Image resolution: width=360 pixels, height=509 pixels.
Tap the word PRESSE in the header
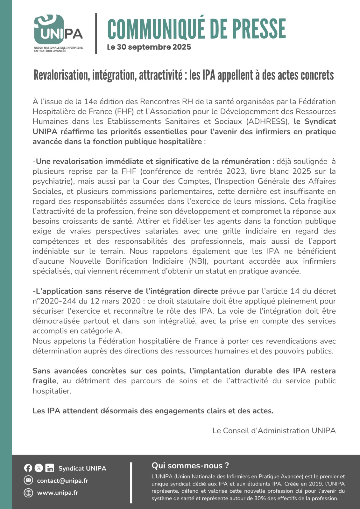click(x=258, y=29)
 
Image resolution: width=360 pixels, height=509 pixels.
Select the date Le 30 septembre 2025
click(x=149, y=47)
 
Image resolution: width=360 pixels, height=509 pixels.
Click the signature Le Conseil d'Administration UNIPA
click(x=274, y=431)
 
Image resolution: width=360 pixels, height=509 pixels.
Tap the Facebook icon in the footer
click(x=28, y=468)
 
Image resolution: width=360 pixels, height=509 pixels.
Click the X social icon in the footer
click(x=39, y=468)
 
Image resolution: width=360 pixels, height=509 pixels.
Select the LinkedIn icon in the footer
click(x=50, y=468)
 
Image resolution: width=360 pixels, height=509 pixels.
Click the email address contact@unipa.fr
click(x=63, y=481)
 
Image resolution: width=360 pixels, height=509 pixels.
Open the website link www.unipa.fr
click(x=58, y=493)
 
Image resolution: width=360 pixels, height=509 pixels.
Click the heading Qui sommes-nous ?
click(x=190, y=465)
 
